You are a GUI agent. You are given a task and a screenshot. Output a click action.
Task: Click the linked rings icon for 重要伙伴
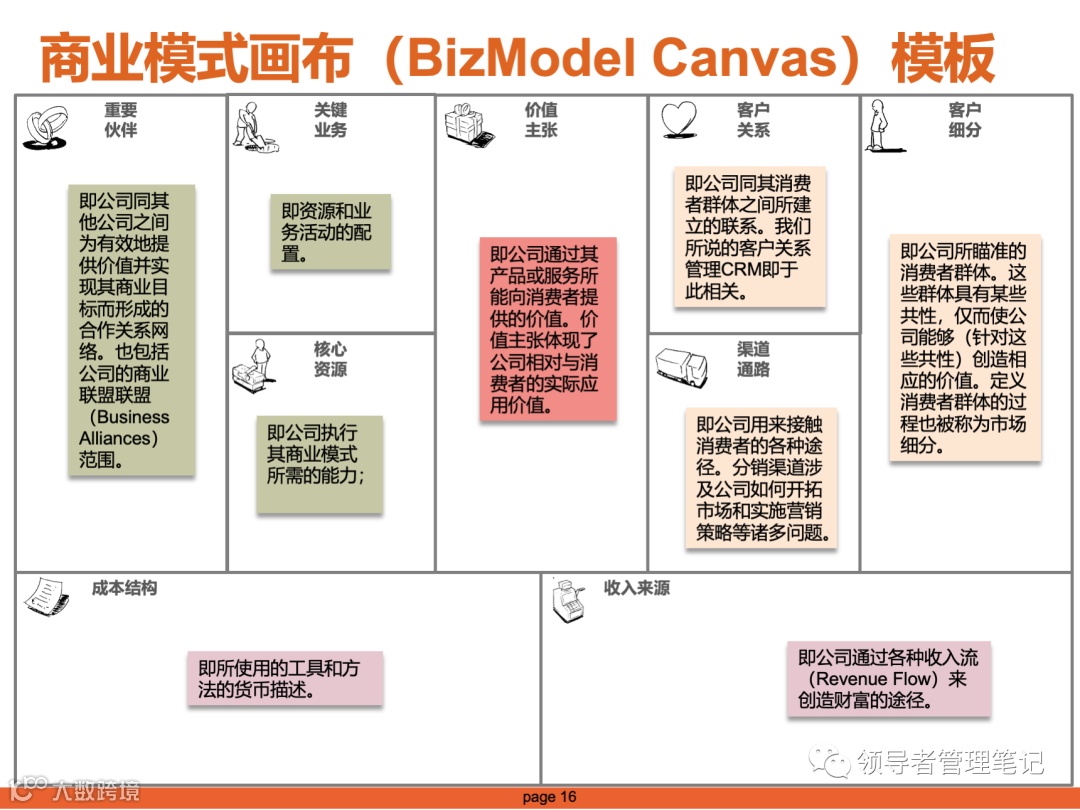tap(44, 128)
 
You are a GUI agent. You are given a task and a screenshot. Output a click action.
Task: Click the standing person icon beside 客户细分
tap(878, 124)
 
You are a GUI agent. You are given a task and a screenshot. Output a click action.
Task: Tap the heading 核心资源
tap(330, 359)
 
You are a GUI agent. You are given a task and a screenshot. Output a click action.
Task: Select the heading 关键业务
tap(330, 120)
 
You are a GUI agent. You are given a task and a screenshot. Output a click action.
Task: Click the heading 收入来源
tap(636, 588)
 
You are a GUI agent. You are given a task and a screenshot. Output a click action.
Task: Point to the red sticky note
tap(547, 329)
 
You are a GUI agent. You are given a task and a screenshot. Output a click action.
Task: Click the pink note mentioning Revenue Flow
tap(888, 679)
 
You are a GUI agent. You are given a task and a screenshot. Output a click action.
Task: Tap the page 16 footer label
tap(550, 797)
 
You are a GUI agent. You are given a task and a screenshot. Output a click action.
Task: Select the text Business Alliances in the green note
tap(124, 428)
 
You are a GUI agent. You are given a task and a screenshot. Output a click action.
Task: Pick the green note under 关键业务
tap(329, 232)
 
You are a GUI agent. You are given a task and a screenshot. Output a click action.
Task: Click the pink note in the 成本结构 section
tap(284, 679)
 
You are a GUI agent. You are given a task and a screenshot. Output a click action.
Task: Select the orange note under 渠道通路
tap(760, 478)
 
